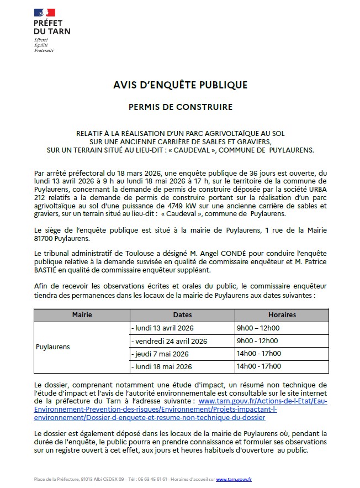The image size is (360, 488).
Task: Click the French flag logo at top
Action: coord(44,13)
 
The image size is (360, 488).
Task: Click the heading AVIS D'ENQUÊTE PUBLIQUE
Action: coord(180,85)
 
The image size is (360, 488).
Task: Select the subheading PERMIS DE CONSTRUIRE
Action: coord(180,107)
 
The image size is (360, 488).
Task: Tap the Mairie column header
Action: coord(82,314)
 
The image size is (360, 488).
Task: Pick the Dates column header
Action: coord(182,314)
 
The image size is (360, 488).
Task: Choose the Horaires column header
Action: coord(282,314)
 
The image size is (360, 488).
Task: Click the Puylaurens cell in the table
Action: coord(53,347)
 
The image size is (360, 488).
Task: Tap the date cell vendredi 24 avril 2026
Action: coord(169,341)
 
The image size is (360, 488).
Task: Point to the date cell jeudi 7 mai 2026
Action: coord(160,354)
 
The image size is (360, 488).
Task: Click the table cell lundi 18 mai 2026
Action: coord(161,366)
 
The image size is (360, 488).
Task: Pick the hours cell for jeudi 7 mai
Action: coord(258,354)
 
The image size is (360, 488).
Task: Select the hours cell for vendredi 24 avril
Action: coord(257,341)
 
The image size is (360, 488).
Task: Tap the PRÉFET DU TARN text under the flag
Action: coord(52,28)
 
